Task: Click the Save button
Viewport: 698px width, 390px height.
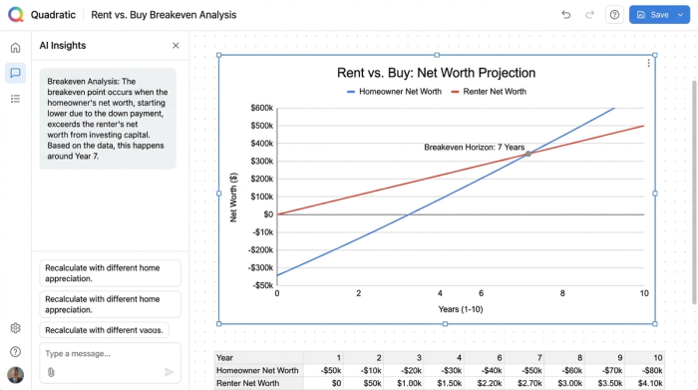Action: coord(653,15)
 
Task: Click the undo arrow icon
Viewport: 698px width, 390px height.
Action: coord(566,15)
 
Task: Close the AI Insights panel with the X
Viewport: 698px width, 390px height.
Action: coord(175,46)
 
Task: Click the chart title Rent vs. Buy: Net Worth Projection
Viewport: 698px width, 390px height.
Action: coord(436,73)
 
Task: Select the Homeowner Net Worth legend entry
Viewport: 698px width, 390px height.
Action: coord(393,92)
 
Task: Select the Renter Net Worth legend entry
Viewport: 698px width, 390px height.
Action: coord(489,92)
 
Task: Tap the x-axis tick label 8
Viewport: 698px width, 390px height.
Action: coord(562,293)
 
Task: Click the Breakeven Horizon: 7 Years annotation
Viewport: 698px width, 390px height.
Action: coord(474,148)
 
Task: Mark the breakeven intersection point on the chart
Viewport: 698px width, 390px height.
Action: coord(527,154)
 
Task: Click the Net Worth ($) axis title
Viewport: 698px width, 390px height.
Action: coord(233,196)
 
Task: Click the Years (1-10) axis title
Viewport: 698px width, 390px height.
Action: coord(462,309)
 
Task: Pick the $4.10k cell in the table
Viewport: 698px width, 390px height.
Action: coord(649,383)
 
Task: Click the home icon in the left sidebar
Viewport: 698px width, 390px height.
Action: coord(15,48)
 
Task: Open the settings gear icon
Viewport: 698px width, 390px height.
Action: coord(15,328)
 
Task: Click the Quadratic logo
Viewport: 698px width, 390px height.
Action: coord(15,15)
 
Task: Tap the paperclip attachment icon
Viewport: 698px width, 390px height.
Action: coord(51,372)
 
